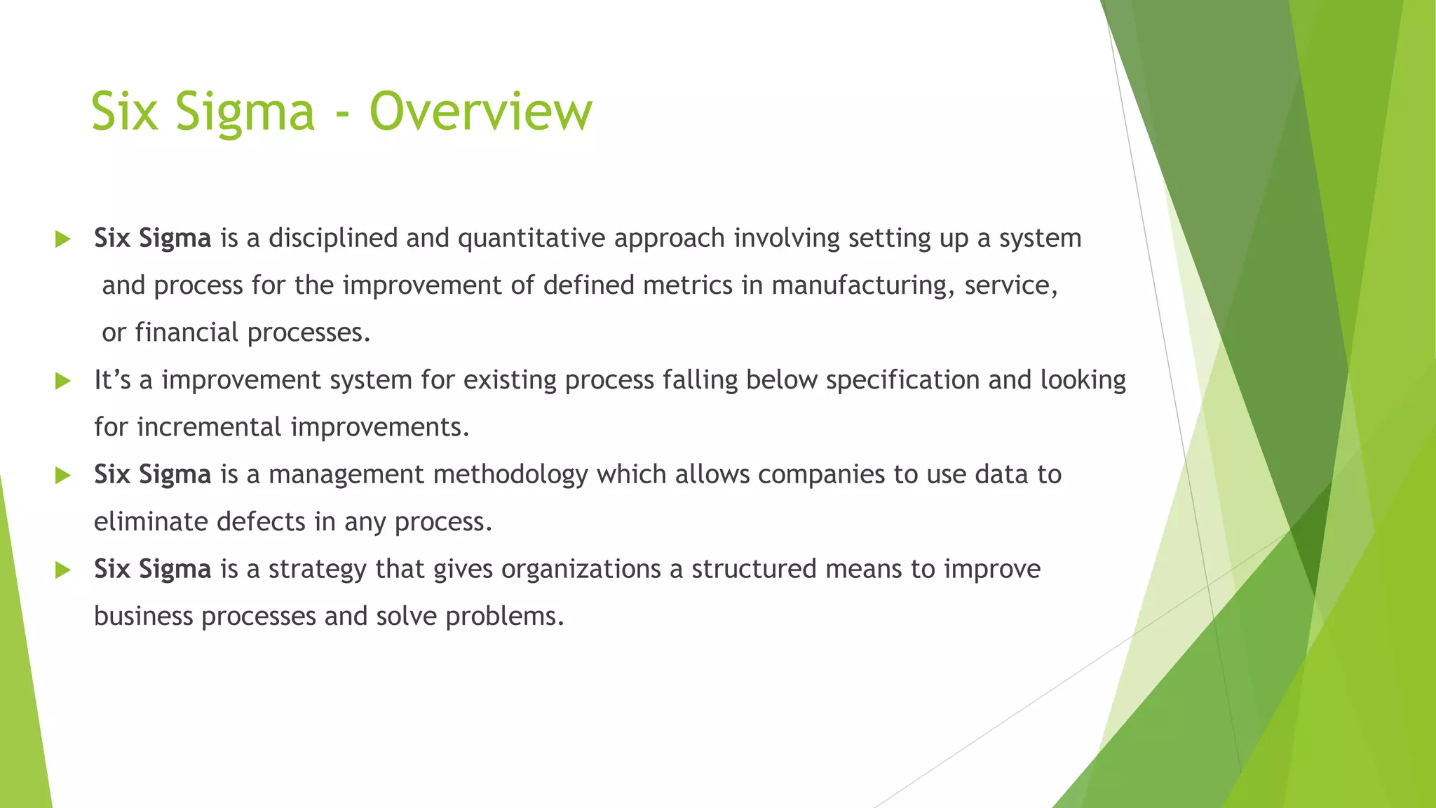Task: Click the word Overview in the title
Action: point(480,112)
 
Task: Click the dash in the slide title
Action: point(341,114)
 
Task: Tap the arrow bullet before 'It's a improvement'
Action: point(63,382)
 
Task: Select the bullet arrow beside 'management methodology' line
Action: point(63,476)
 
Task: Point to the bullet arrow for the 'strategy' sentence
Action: point(63,570)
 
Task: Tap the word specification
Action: point(902,380)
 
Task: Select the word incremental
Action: point(209,428)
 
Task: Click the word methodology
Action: point(510,476)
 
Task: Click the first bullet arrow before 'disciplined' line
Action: point(63,240)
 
